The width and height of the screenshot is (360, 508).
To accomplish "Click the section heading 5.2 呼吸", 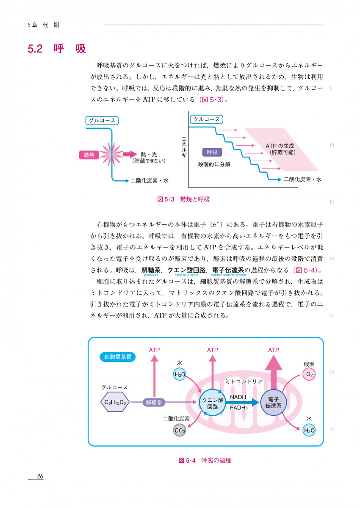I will tap(57, 49).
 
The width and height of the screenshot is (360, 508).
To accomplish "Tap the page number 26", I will tap(40, 476).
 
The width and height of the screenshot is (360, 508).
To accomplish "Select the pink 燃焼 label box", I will tap(89, 155).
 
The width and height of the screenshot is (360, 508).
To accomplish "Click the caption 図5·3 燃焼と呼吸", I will tap(183, 199).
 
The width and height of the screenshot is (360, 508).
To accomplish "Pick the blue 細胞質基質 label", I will tap(118, 357).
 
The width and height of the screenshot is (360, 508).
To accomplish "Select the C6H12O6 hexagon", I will tap(115, 403).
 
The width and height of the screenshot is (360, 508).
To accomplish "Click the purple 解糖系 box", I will tap(154, 403).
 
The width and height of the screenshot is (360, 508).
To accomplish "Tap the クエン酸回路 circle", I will tap(213, 403).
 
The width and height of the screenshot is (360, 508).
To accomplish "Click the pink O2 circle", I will tap(310, 375).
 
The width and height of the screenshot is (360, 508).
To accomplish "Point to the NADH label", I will tap(238, 397).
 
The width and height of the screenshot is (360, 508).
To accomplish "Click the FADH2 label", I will tap(239, 408).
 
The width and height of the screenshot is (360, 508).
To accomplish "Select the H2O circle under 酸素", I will tap(310, 431).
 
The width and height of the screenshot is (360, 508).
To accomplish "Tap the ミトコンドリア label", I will tap(244, 381).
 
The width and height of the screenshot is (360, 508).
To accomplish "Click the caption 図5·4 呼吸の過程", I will tap(205, 460).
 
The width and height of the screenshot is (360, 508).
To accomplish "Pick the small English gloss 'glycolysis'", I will tap(151, 275).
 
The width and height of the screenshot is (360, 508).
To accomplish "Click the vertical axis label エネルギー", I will tap(184, 150).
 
